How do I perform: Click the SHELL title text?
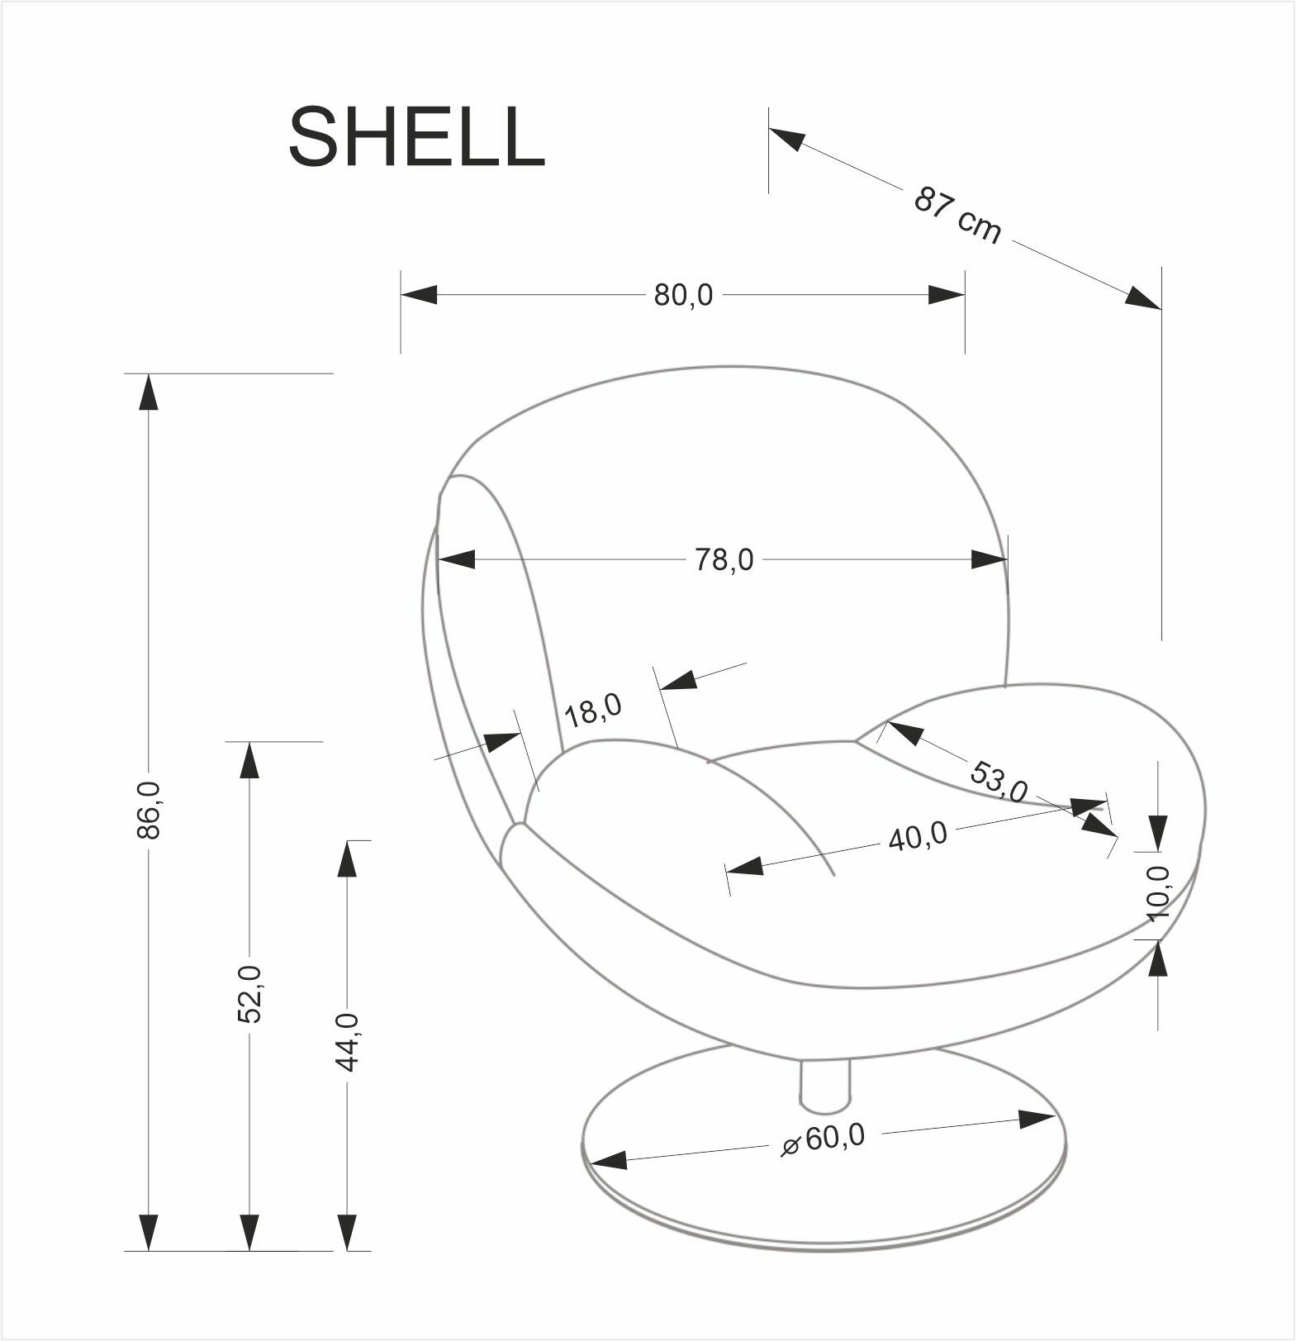click(x=416, y=137)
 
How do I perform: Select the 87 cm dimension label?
click(x=957, y=216)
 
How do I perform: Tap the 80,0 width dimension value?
click(x=683, y=295)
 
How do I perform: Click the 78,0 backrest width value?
click(x=724, y=560)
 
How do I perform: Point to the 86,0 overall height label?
click(x=149, y=809)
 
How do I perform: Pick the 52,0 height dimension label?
click(x=249, y=994)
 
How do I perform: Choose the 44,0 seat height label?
click(x=348, y=1042)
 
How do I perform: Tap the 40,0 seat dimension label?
click(x=918, y=837)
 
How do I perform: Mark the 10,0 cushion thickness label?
click(x=1159, y=893)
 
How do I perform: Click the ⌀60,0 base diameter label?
click(x=824, y=1139)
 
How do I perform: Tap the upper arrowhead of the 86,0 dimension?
click(x=149, y=392)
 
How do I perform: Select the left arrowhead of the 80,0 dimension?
click(x=418, y=294)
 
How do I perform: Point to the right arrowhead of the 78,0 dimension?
click(x=990, y=560)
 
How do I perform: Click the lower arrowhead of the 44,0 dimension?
click(x=348, y=1232)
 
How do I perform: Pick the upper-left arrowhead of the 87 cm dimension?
click(x=786, y=139)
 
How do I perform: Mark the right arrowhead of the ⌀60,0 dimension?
click(x=1037, y=1120)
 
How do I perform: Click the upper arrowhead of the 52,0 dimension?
click(x=249, y=759)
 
